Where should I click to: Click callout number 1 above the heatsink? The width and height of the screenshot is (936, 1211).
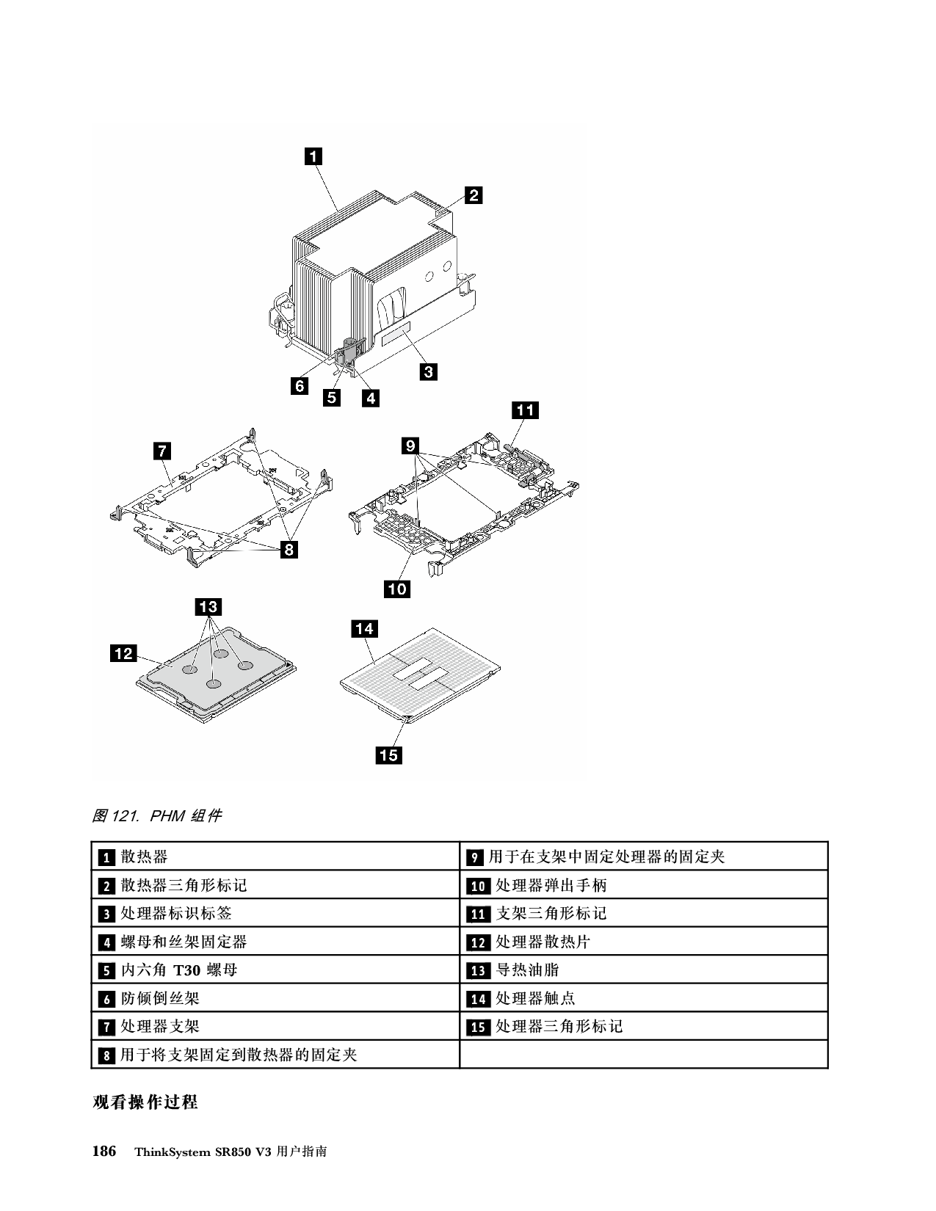(x=313, y=156)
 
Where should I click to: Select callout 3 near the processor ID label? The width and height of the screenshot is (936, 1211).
(x=427, y=371)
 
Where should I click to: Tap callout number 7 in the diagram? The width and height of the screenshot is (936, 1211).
(x=162, y=451)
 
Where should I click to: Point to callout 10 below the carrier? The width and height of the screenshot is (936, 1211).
(x=396, y=589)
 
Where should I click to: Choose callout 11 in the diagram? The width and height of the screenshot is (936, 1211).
(x=525, y=410)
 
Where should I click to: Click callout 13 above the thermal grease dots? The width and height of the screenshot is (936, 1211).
(x=208, y=607)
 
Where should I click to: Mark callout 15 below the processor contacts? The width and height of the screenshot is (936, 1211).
(x=388, y=754)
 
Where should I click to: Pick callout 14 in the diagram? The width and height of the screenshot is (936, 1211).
(x=364, y=628)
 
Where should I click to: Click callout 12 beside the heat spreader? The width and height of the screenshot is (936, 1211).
(x=124, y=652)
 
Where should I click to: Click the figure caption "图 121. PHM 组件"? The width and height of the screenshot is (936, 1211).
(x=156, y=815)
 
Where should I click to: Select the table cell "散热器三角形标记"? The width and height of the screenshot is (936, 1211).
(x=184, y=885)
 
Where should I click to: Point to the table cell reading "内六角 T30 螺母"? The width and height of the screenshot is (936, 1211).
(x=179, y=970)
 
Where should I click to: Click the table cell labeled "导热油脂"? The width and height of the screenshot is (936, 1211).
(x=527, y=970)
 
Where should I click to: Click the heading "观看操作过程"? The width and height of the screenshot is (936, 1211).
(x=145, y=1102)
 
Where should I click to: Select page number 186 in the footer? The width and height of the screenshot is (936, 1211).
(x=104, y=1152)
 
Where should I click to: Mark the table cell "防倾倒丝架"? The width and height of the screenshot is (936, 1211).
(x=159, y=998)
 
